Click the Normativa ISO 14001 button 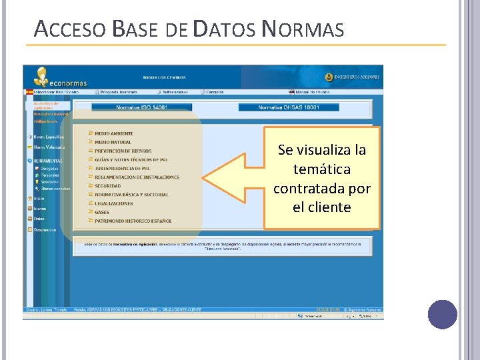(141, 107)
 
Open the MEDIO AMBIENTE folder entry (113, 134)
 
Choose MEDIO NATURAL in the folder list (113, 143)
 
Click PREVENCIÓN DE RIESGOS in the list (123, 151)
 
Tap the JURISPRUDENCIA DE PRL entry (122, 169)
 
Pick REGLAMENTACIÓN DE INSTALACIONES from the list (137, 177)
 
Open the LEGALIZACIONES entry (113, 203)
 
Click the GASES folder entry (101, 212)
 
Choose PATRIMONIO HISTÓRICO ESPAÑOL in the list (133, 221)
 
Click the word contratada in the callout (322, 188)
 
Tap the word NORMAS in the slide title (303, 30)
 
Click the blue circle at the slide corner (442, 315)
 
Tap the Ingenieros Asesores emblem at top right (329, 77)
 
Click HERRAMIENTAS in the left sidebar (49, 161)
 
